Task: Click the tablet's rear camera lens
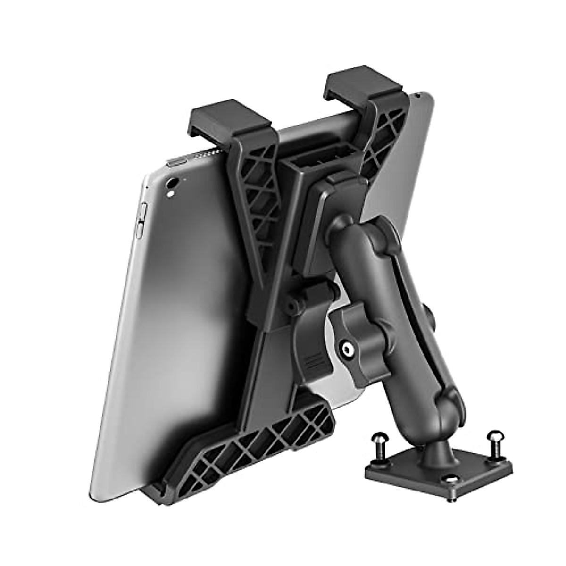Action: click(172, 182)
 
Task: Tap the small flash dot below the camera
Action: click(170, 193)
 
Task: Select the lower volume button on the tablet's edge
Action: click(140, 228)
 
